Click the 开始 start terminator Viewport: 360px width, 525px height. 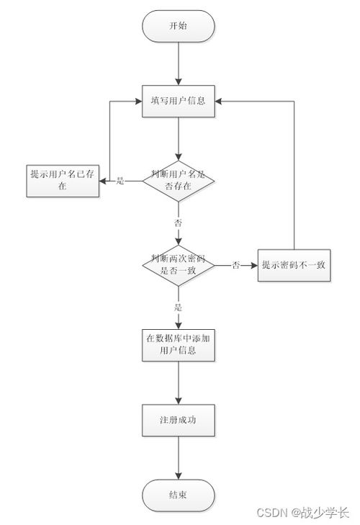178,27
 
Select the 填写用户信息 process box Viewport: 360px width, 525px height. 178,101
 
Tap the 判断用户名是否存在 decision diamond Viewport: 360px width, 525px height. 178,180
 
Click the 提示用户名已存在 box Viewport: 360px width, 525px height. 63,180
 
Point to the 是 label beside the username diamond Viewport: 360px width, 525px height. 121,181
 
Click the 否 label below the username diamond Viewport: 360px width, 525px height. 178,223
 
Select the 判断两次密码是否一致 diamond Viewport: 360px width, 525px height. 178,264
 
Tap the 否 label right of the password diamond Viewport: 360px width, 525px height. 235,266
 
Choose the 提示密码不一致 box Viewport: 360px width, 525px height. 294,265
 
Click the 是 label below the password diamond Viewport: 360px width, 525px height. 178,308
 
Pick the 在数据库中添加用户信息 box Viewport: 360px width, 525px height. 178,345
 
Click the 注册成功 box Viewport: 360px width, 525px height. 178,418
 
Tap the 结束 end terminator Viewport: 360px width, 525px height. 178,494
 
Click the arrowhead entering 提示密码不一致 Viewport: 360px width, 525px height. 253,265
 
